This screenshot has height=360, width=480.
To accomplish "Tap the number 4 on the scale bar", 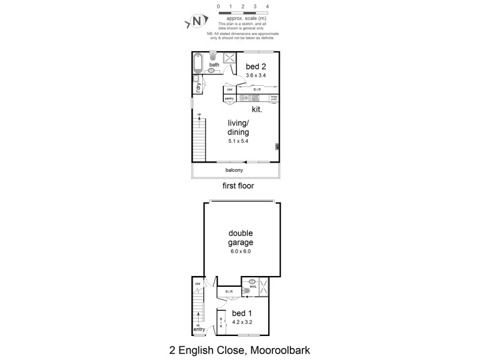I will pos(267,6).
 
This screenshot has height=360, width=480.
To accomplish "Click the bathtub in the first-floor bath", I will pos(197,64).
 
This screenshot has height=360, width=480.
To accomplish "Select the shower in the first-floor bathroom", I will pos(230,58).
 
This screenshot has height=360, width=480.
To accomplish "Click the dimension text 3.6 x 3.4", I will pos(256,75).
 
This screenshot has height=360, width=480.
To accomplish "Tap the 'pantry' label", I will pos(229,98).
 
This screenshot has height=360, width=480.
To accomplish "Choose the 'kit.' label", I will pos(257,110).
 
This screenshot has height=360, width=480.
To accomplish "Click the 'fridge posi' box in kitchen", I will pos(274,97).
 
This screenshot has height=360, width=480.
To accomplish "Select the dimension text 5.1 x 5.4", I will pos(238,141).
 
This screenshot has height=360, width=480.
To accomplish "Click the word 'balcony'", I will pos(235,170).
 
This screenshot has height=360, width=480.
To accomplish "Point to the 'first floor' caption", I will pos(238,186).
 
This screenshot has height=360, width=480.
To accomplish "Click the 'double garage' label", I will pos(240,238).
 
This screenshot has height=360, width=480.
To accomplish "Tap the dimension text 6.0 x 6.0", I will pos(240,251).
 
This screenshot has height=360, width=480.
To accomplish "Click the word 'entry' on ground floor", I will pos(199,329).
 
